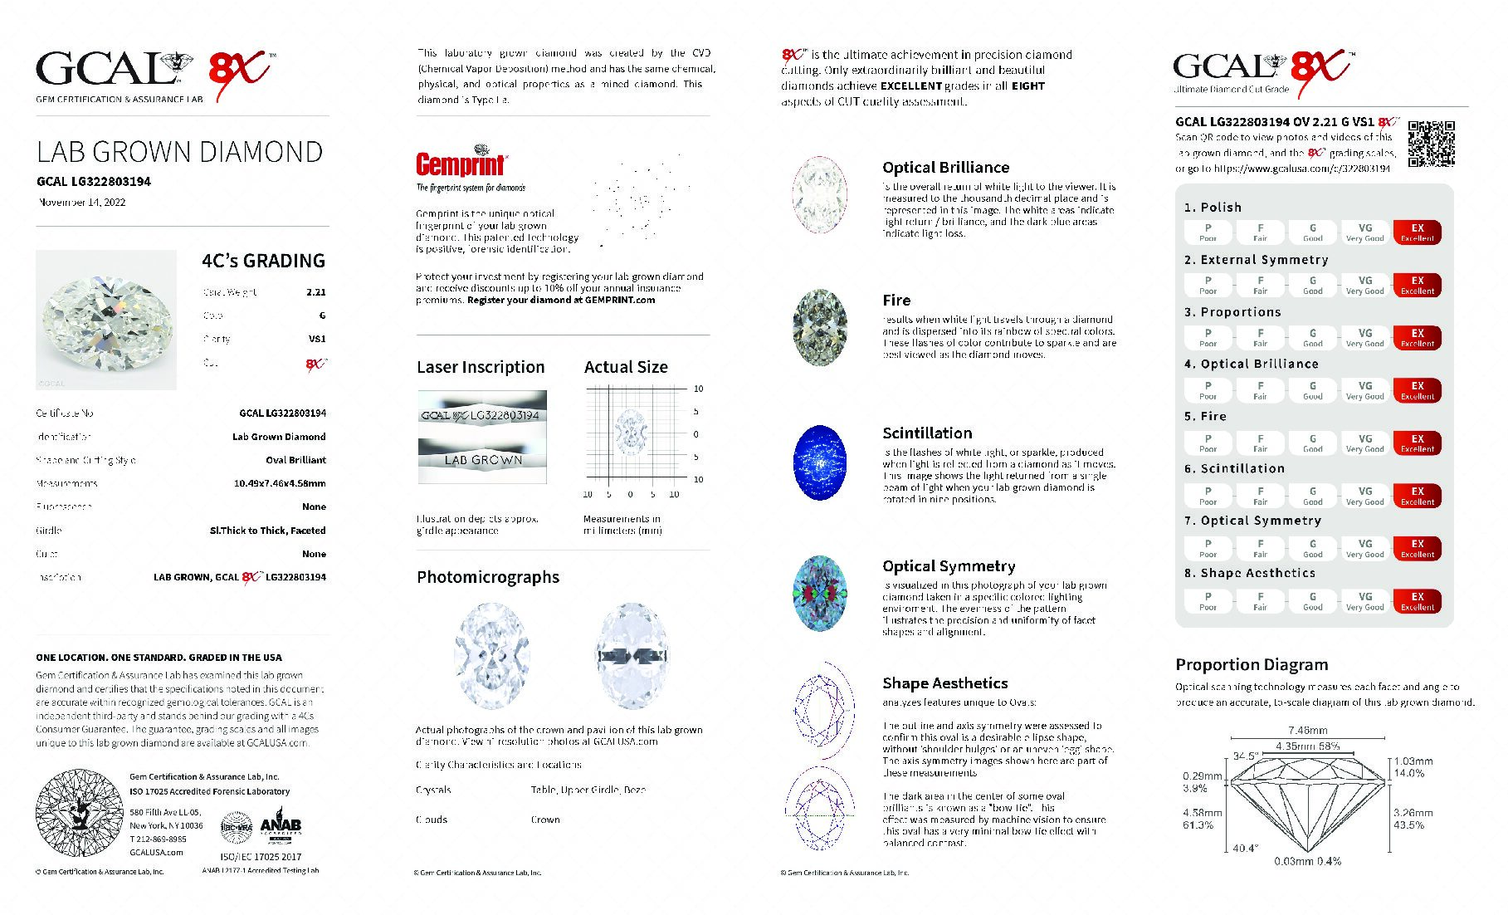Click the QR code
coord(1431,144)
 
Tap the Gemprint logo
coord(461,163)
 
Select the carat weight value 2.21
coord(315,292)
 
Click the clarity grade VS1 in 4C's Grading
coord(316,339)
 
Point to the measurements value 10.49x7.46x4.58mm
coord(280,483)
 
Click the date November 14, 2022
coord(82,202)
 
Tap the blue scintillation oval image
coord(820,462)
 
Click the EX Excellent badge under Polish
coord(1417,232)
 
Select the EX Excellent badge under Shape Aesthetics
coord(1417,601)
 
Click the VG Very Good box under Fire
coord(1364,443)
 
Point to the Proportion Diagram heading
coord(1252,664)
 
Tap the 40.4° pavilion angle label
coord(1245,848)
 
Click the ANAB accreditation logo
coord(281,825)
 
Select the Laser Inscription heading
coord(481,367)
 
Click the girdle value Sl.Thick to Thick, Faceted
coord(267,531)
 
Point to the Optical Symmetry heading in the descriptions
coord(949,566)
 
